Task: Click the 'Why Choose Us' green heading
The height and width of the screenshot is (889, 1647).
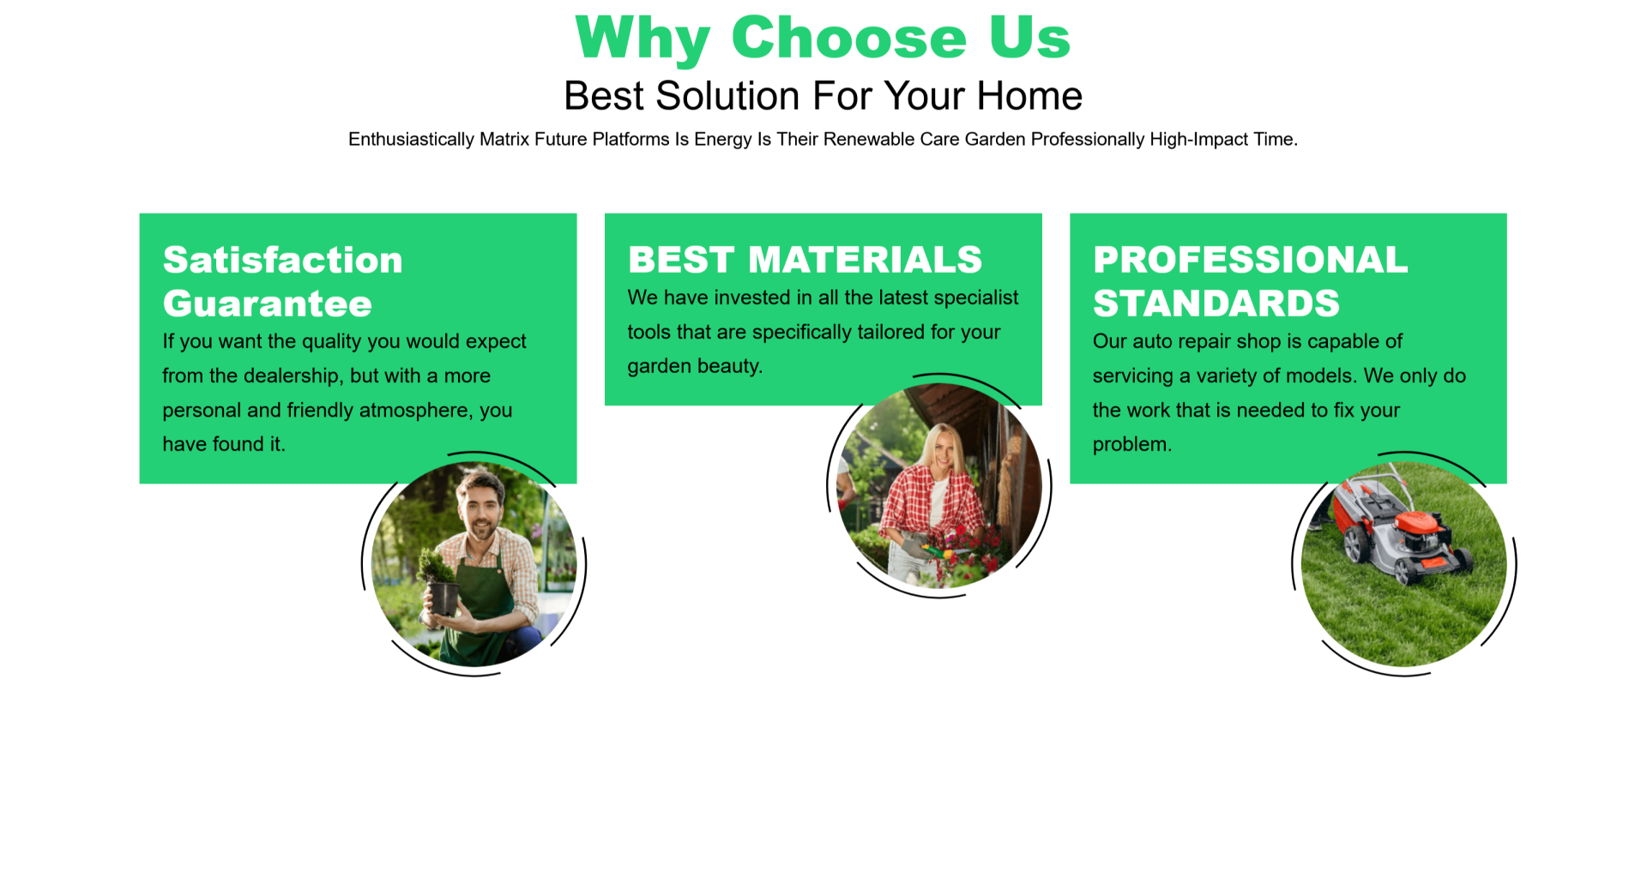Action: pos(823,39)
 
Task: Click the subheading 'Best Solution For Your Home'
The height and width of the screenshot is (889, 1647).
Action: pos(823,96)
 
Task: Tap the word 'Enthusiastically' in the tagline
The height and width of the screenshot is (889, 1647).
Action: pos(411,140)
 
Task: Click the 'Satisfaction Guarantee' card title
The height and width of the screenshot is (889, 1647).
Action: pos(283,281)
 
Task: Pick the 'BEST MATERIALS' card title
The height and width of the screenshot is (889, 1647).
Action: pos(805,260)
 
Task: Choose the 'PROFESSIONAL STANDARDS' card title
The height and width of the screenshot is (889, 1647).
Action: pos(1250,281)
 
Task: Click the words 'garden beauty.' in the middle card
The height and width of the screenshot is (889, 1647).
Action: pos(695,367)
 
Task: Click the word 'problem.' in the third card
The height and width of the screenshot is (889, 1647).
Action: pos(1132,445)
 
